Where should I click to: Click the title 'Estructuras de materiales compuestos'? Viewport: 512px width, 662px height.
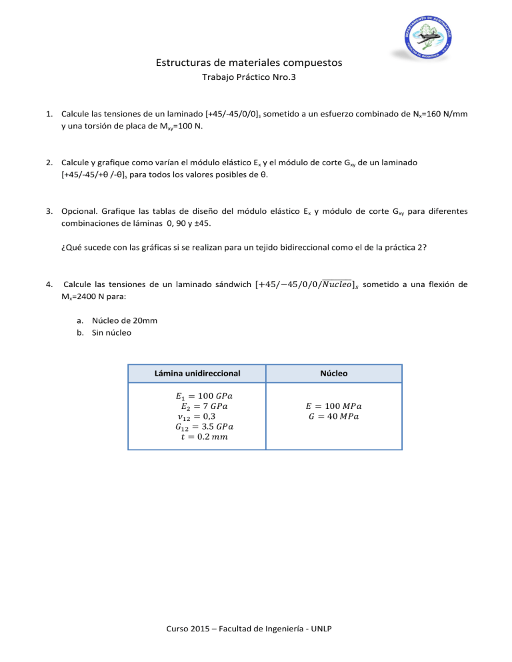(x=249, y=63)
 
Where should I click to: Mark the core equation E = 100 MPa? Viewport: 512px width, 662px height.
(x=335, y=406)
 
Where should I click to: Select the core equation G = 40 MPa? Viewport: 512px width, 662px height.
(x=335, y=417)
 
